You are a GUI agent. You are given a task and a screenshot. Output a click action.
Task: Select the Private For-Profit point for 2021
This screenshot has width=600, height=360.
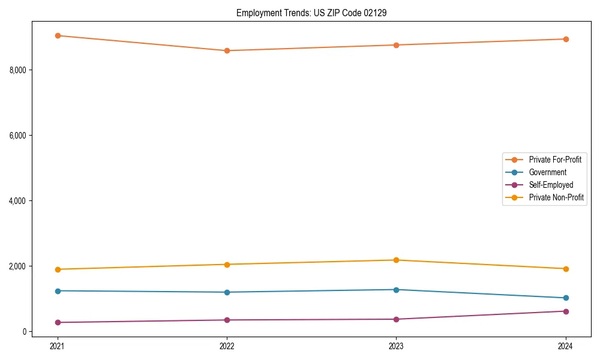(x=58, y=35)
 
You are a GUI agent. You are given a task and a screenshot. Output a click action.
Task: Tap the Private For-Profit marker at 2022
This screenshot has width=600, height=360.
(x=227, y=50)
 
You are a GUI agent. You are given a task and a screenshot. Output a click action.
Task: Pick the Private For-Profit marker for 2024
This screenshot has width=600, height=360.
(x=566, y=39)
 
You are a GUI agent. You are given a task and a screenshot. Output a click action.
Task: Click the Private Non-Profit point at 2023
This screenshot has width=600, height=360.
(x=396, y=260)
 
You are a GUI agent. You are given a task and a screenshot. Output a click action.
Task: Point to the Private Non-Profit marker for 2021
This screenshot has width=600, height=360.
(x=58, y=269)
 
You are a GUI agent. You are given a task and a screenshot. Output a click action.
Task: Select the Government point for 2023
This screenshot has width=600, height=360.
(x=396, y=290)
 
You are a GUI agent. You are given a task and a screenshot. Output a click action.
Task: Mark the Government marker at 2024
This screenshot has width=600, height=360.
(x=566, y=298)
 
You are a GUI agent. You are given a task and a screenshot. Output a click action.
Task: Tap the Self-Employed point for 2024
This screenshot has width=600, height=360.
(x=566, y=311)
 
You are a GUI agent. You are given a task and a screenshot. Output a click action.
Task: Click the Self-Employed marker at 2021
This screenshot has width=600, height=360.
(x=58, y=322)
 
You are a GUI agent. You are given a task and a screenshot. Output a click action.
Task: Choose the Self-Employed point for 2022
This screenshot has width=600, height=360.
(x=227, y=320)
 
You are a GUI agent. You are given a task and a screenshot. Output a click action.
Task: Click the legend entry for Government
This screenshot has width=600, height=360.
(x=547, y=172)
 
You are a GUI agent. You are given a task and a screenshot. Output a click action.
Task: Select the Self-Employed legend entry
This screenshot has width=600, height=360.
(x=551, y=185)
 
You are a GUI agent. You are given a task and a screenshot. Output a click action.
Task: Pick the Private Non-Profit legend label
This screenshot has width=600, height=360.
(x=556, y=197)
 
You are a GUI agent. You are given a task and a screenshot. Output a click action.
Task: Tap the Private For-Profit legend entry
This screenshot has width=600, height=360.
(x=554, y=160)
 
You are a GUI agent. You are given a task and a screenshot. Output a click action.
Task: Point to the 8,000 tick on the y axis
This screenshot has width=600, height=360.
(x=19, y=70)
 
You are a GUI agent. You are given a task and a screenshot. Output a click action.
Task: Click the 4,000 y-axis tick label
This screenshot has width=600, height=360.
(x=19, y=200)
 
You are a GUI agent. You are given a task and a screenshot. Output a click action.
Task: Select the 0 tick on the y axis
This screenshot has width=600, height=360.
(x=25, y=331)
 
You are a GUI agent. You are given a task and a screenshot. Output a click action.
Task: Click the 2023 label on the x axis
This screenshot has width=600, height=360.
(x=396, y=346)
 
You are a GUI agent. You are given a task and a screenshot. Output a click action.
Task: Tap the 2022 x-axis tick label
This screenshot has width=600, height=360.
(x=227, y=346)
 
